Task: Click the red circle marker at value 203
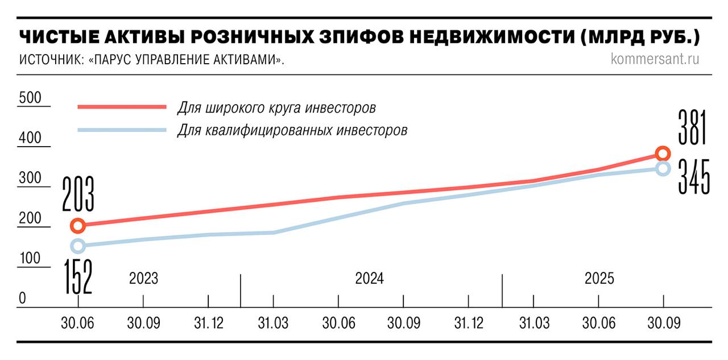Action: pos(78,226)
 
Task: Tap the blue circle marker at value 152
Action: pos(78,246)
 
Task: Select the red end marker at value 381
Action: pos(663,154)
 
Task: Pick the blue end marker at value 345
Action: pos(663,168)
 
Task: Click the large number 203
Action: pos(77,195)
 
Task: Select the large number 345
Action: pos(694,177)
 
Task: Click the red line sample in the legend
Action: pos(122,106)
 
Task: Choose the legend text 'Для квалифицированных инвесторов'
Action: pos(292,130)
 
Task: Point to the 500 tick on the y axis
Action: pos(30,98)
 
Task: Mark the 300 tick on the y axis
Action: pos(30,179)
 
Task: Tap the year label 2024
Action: pos(370,279)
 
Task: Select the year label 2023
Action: pos(143,279)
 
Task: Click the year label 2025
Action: pos(599,279)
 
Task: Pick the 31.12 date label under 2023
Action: pos(209,323)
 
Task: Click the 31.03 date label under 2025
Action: pos(535,323)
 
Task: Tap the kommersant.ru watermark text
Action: pos(655,59)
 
